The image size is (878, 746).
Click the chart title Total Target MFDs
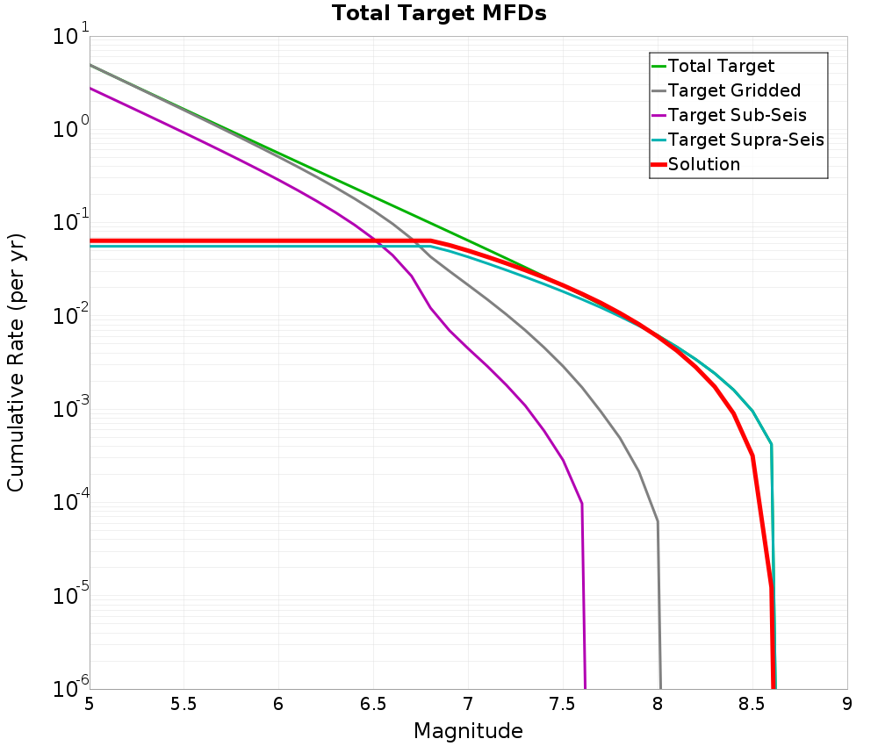click(439, 14)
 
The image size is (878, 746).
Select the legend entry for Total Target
click(721, 66)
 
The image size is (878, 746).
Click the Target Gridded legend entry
click(734, 90)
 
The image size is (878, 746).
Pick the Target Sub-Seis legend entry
click(737, 115)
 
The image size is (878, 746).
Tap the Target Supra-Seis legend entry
click(745, 140)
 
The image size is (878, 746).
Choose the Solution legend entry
click(703, 164)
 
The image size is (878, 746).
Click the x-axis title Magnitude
click(468, 731)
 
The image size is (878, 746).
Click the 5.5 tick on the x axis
click(184, 705)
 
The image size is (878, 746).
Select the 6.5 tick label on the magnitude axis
click(374, 705)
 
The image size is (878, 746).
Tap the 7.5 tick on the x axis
click(563, 705)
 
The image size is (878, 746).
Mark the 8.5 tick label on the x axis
click(752, 705)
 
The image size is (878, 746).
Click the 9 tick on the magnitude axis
click(847, 705)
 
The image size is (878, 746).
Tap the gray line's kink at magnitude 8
click(658, 522)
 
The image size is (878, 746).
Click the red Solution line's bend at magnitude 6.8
click(430, 240)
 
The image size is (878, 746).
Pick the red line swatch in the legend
click(658, 164)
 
